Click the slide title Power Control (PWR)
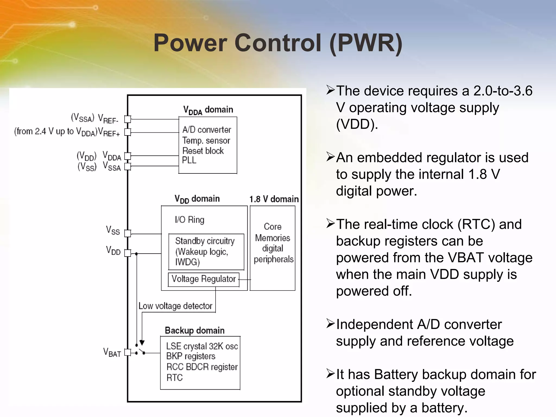coord(278,43)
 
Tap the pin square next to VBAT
coord(127,352)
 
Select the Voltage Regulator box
coord(204,279)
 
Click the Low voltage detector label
coord(175,306)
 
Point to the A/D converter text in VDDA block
coord(207,130)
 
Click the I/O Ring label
coord(189,220)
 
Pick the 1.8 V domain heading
coord(274,199)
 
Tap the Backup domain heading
coord(195,330)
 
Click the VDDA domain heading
coord(208,110)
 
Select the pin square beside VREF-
coord(127,119)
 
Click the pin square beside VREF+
coord(127,132)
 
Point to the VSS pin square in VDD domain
coord(127,233)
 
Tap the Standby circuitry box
coord(206,252)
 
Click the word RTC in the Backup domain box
coord(175,378)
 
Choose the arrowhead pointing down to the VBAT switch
coord(142,342)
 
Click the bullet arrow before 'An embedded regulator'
coord(330,157)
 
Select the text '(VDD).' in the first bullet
coord(357,124)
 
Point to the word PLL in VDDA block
coord(189,160)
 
